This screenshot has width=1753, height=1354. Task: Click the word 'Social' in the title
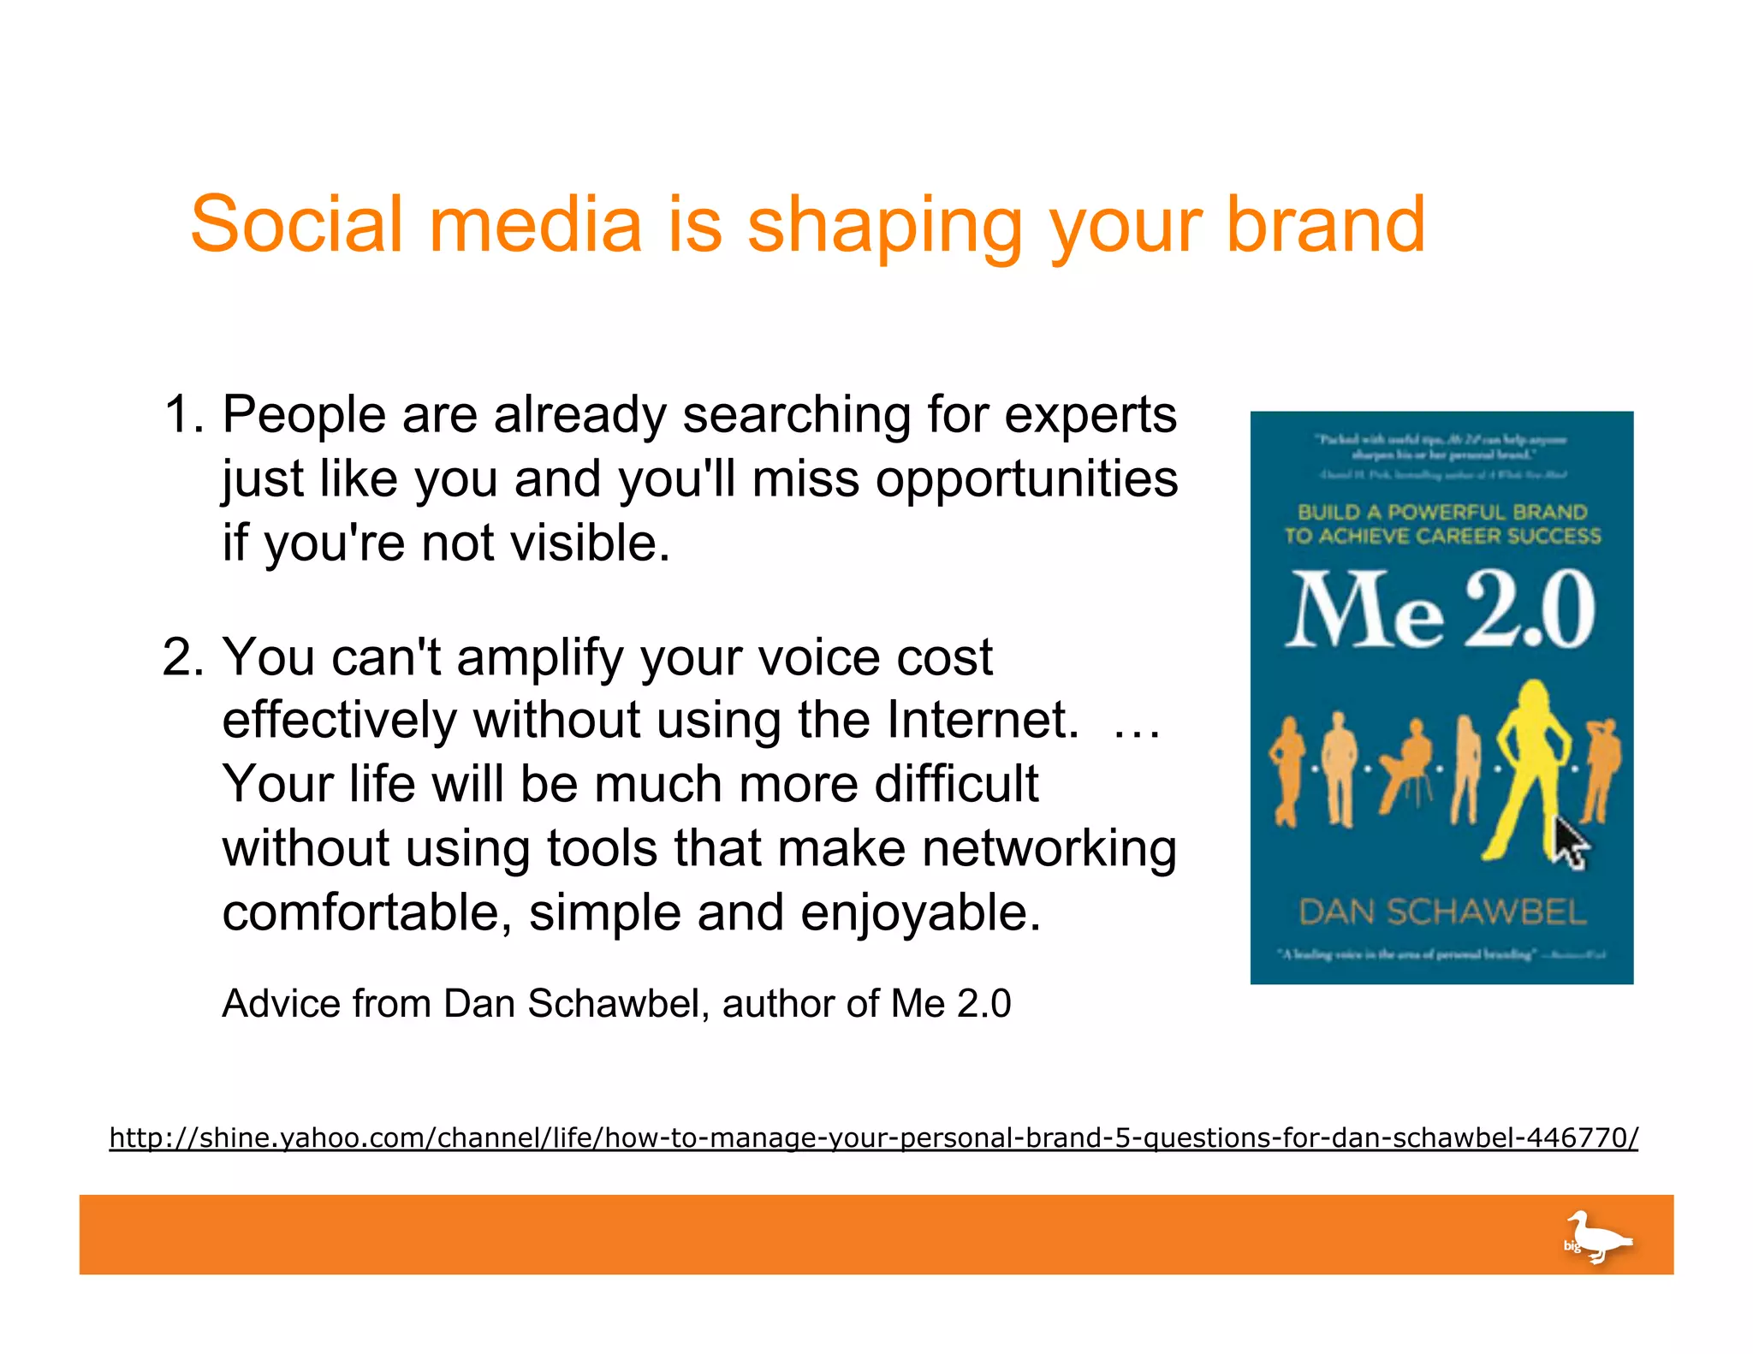(296, 224)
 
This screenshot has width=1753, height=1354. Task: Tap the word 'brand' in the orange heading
(1326, 224)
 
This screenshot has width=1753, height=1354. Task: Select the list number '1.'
(184, 415)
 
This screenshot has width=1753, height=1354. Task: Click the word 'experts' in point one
(1090, 417)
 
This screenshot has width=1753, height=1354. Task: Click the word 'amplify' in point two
(540, 659)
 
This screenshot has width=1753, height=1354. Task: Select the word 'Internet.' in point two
(983, 720)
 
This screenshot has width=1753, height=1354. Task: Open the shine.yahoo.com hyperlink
(873, 1138)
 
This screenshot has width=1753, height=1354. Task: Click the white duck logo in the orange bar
(1596, 1237)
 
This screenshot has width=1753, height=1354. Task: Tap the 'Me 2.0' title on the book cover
(1441, 609)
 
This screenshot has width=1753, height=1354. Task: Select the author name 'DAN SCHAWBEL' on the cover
(1442, 912)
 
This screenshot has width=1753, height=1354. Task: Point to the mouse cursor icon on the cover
(1570, 843)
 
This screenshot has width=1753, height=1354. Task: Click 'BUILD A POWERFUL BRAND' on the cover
(1442, 512)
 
